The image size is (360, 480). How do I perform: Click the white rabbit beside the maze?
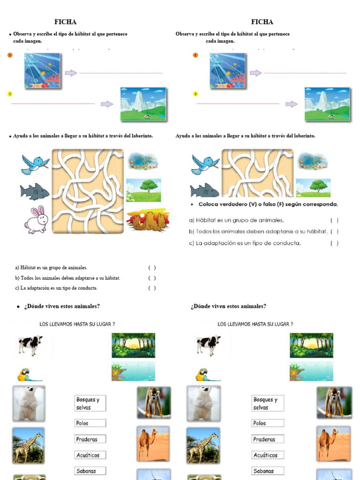coord(37,219)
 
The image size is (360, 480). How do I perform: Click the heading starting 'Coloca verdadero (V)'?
coord(268,204)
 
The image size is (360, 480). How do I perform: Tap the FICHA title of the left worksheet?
coord(65,22)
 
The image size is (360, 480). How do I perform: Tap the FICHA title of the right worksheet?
coord(262,22)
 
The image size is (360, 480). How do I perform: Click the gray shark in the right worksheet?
coord(204,190)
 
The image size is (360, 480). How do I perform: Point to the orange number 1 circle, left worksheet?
coord(10,55)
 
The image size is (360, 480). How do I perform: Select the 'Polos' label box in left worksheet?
coord(90,423)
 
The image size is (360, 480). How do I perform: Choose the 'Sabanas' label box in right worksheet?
coord(268,471)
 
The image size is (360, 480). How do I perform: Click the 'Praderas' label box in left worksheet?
coord(90,439)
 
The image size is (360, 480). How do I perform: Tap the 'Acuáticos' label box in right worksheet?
coord(268,455)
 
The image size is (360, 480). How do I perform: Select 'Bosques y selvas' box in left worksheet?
coord(90,403)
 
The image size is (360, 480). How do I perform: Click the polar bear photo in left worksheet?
coord(29,403)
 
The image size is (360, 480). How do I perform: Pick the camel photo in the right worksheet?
coord(333,443)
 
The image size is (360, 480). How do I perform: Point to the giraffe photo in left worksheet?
coord(29,445)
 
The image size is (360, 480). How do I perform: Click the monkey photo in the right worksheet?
coord(334,402)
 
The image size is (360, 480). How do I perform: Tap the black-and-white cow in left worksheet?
coord(30,345)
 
